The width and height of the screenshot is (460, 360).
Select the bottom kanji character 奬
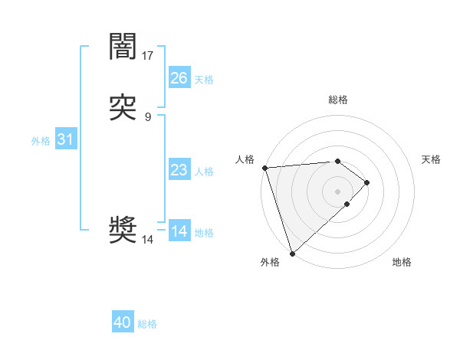click(123, 231)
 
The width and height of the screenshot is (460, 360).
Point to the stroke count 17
click(148, 56)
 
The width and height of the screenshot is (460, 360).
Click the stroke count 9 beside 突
click(148, 117)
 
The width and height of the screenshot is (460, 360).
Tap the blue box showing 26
click(179, 78)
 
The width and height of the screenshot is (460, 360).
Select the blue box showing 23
click(179, 170)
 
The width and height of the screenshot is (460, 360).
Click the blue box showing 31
click(65, 140)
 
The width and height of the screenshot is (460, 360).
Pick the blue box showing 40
click(123, 322)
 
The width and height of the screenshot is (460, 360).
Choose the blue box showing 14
click(179, 231)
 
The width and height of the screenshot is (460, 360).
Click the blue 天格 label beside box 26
click(204, 80)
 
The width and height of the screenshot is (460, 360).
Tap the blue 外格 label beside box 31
click(41, 141)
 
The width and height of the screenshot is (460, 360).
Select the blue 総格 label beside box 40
click(147, 324)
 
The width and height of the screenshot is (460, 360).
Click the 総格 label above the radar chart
click(338, 100)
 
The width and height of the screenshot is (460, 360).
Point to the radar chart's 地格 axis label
click(402, 263)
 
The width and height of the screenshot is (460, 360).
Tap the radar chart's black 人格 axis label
click(245, 159)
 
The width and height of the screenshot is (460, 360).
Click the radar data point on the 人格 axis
click(264, 168)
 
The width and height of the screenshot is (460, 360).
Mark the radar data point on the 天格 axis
click(367, 182)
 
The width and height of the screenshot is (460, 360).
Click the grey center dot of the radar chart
click(338, 191)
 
